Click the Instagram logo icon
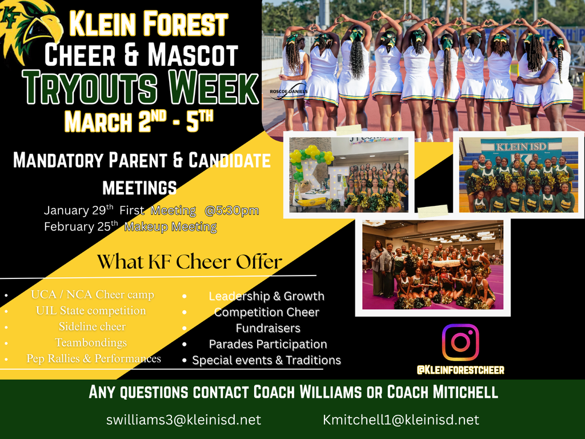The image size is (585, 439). point(460,342)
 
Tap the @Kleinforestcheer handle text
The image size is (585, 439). point(460,370)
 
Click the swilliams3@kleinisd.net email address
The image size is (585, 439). point(183,420)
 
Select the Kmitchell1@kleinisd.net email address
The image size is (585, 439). point(400,420)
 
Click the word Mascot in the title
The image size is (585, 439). point(193,55)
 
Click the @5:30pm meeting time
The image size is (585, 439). point(231,210)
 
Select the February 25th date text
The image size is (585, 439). point(81,227)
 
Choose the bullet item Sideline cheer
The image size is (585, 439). point(92,327)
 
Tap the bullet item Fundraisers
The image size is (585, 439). point(267,328)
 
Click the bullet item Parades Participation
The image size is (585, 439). point(267,344)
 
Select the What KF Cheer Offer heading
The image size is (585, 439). point(189,262)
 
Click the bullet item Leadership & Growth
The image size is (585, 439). point(266,296)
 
